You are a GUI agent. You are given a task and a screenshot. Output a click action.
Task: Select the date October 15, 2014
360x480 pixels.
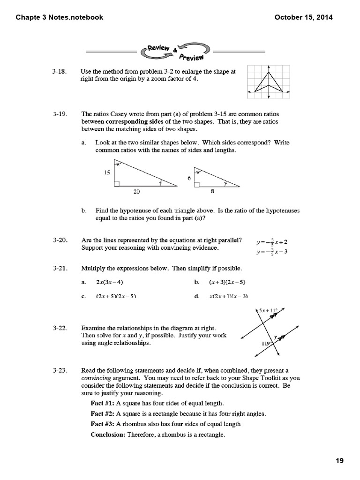click(x=303, y=17)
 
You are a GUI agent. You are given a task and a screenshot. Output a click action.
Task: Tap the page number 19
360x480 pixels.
click(x=340, y=461)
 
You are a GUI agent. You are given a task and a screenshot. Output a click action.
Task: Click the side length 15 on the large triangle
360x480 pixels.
click(x=106, y=172)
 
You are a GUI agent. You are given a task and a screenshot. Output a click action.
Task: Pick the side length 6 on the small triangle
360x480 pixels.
click(x=188, y=179)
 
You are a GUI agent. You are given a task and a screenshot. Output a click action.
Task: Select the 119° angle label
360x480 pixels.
click(x=267, y=344)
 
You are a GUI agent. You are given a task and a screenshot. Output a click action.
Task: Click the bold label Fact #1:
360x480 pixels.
click(x=102, y=403)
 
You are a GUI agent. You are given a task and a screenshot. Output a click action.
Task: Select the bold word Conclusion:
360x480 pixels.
click(x=108, y=435)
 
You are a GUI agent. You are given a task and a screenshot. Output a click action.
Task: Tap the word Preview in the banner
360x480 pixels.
click(x=191, y=57)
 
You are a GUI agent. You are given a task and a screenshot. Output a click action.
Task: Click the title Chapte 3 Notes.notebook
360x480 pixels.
click(x=60, y=17)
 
